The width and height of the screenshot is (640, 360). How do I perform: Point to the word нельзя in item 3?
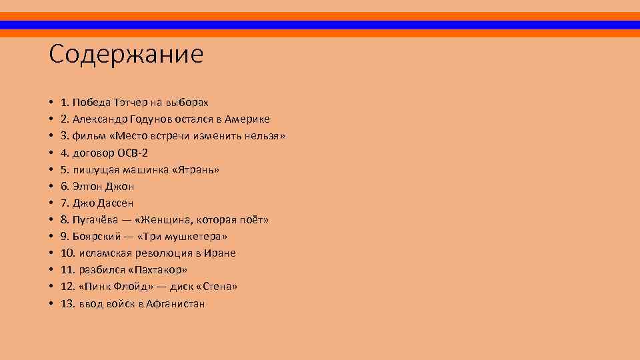264,136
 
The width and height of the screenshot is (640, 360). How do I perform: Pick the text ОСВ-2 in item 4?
133,153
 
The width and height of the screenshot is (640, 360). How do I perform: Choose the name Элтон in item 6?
87,187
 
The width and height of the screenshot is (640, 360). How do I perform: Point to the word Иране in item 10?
221,253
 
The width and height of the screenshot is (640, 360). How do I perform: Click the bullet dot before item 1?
51,103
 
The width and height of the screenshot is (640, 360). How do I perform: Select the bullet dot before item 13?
51,304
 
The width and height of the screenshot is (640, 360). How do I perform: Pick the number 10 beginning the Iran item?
67,253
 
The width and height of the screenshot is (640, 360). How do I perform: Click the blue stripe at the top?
320,25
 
